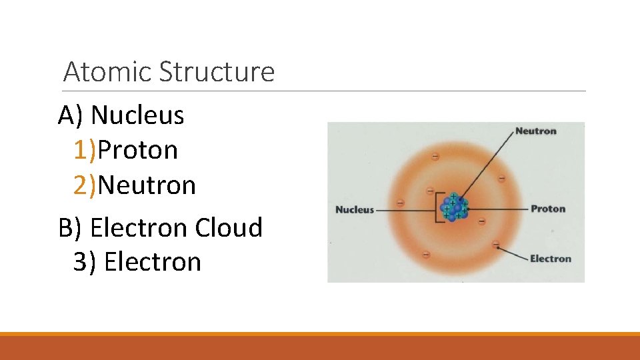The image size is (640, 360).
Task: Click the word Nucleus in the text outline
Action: click(x=137, y=115)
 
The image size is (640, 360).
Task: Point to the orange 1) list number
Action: click(x=85, y=150)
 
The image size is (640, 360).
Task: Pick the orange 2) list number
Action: click(x=85, y=185)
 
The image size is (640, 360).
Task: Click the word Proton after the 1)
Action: click(x=138, y=150)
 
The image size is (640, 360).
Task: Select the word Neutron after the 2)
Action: click(x=147, y=185)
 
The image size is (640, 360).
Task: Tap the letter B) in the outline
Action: click(x=70, y=227)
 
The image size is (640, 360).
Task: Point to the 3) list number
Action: click(x=85, y=262)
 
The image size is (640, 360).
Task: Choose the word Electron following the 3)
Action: click(x=153, y=262)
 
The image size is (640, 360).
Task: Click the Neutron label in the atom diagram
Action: click(x=535, y=131)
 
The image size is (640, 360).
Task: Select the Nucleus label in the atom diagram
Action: click(x=355, y=209)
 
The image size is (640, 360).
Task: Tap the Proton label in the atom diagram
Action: click(x=547, y=209)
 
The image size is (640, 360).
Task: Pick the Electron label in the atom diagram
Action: click(x=550, y=259)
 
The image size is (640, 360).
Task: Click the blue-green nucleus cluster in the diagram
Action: click(x=455, y=207)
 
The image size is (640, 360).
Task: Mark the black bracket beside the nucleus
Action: click(x=438, y=207)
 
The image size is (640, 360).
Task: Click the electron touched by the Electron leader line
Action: click(x=496, y=245)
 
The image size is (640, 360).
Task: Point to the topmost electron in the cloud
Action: click(x=435, y=157)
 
